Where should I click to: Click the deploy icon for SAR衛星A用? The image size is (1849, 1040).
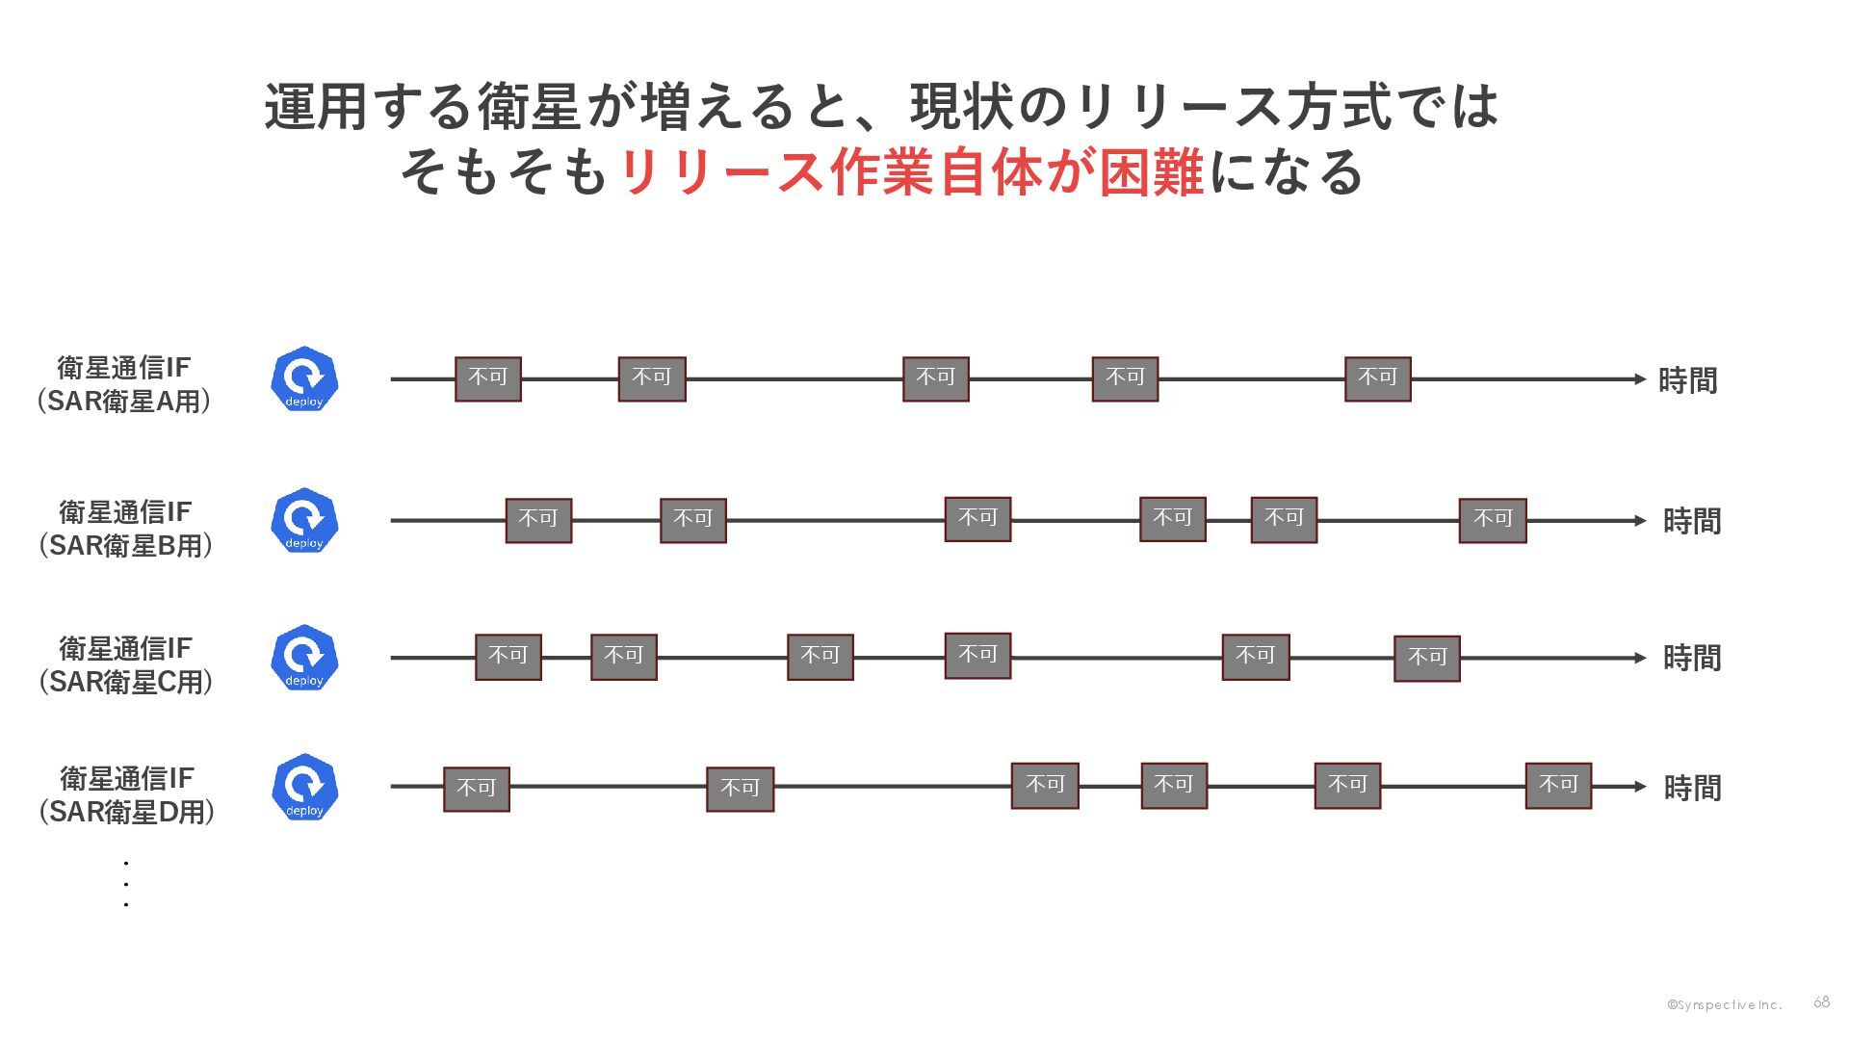[304, 378]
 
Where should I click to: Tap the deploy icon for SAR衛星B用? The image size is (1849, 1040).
[304, 520]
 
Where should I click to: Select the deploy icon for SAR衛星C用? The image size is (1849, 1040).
[304, 658]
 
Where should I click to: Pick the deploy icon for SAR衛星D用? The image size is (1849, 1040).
[304, 787]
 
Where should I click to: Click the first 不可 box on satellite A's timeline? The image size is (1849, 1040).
[488, 378]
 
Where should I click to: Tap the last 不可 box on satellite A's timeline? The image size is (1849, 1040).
[1377, 378]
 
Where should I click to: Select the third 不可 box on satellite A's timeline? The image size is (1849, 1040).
[935, 378]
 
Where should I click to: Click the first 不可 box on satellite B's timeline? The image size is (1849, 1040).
[538, 520]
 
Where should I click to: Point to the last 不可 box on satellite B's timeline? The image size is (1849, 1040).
[1492, 520]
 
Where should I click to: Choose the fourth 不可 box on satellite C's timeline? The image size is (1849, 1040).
[977, 656]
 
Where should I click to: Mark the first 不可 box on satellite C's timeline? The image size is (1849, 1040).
[508, 657]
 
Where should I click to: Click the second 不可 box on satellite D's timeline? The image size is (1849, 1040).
[740, 789]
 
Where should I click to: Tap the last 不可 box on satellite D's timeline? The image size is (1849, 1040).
[1558, 785]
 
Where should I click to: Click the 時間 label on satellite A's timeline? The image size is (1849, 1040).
[1687, 381]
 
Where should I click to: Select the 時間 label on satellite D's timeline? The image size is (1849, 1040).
[1692, 789]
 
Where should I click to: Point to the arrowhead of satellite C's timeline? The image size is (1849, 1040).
[1640, 658]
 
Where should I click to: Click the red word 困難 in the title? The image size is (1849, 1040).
[1152, 173]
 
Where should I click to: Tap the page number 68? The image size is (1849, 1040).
[1821, 1002]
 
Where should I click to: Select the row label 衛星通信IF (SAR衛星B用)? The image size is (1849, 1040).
[125, 529]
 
